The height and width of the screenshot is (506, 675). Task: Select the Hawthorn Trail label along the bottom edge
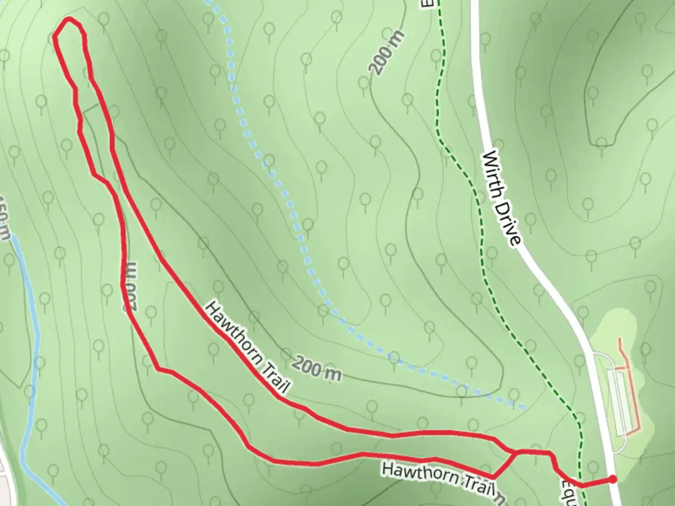coord(438,477)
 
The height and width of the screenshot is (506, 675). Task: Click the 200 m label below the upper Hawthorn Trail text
coord(317,368)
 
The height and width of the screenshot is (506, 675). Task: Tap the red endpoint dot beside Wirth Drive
coord(612,479)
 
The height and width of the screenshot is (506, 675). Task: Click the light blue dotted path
coord(281,187)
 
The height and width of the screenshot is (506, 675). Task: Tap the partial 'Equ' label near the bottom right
coord(569,492)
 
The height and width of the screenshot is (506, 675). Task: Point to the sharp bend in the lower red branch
coord(159,369)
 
